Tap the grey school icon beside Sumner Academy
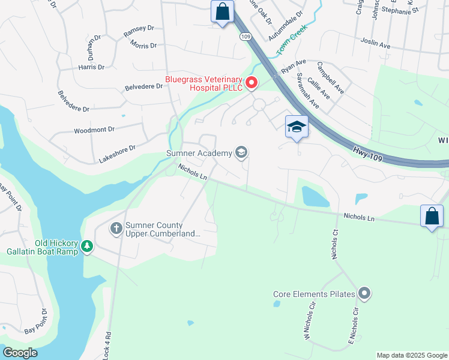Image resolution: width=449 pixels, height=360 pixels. coord(241,152)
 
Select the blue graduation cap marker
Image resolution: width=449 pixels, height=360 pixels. coord(297,127)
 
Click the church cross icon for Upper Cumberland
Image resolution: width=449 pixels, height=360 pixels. coord(116,228)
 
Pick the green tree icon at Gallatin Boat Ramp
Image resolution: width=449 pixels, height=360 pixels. coord(87,246)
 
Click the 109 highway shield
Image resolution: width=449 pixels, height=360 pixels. coord(244,37)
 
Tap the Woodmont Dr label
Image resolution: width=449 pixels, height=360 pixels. coord(94,130)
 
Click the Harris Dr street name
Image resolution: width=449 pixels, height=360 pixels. coord(91,67)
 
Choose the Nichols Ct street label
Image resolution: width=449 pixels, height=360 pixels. coord(335,242)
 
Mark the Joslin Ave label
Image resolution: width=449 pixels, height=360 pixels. coord(376,44)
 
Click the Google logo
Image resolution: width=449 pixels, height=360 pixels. coord(20,353)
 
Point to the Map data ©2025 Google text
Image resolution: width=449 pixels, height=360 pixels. coord(412,355)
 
